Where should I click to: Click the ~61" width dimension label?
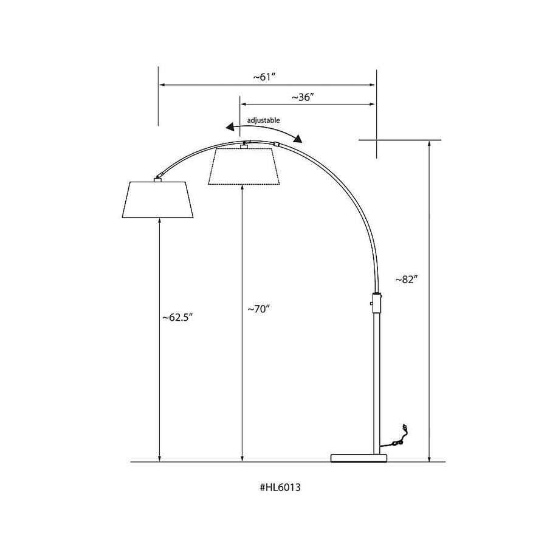coord(266,77)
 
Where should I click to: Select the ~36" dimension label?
coord(302,97)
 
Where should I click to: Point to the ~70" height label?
coord(258,309)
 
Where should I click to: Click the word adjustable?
coord(263,120)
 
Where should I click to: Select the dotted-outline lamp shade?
coord(243,166)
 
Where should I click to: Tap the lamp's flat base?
coord(358,457)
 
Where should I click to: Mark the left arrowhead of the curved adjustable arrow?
coord(229,127)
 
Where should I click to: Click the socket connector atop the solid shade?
coord(158,177)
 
